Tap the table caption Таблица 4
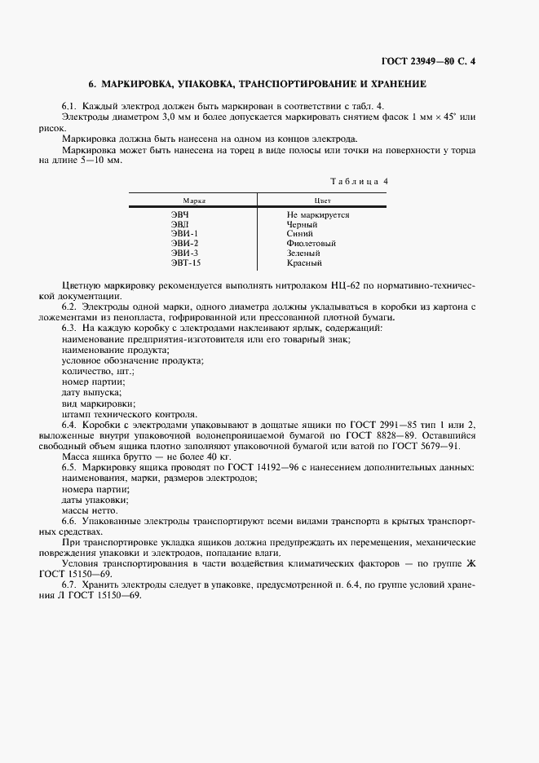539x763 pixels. (x=359, y=181)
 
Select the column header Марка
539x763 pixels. (x=193, y=200)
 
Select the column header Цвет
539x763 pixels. (x=321, y=200)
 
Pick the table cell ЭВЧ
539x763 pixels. (x=179, y=214)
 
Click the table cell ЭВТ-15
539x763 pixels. (x=185, y=263)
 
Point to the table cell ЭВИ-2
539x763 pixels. (x=184, y=244)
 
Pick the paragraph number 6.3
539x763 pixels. (x=69, y=327)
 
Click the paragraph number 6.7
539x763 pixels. (x=69, y=584)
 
